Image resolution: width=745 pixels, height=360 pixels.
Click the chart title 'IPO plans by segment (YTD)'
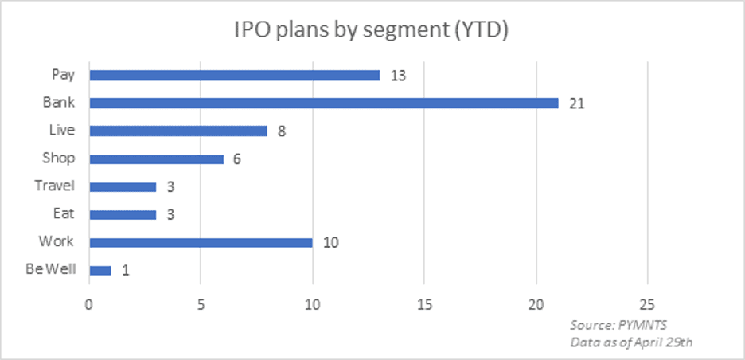(x=372, y=32)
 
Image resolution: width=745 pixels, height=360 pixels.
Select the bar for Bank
(x=323, y=103)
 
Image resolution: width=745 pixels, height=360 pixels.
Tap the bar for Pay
(x=234, y=75)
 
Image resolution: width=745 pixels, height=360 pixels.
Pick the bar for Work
(x=201, y=242)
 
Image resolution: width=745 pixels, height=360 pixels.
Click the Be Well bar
(x=100, y=270)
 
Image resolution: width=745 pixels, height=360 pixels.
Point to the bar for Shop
(x=156, y=158)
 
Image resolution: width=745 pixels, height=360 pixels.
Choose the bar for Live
(x=178, y=131)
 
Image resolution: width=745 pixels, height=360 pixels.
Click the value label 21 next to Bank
(x=577, y=104)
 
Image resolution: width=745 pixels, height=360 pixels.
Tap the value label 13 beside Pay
(x=399, y=76)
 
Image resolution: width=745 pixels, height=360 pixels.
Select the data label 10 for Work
(x=332, y=243)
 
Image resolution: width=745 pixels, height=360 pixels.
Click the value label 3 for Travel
(x=170, y=187)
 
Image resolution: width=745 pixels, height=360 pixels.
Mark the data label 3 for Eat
(x=170, y=215)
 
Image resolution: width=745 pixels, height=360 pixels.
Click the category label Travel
(x=55, y=186)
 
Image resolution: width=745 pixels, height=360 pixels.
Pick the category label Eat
(x=64, y=213)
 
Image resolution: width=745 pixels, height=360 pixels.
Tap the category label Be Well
(x=50, y=269)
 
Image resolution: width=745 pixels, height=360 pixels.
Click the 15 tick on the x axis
(x=424, y=303)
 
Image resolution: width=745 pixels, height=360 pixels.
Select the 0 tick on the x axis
(x=89, y=303)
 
